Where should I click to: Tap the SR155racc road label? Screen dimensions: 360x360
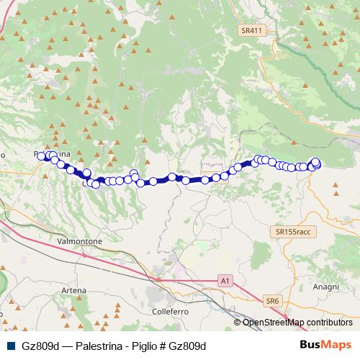(292, 233)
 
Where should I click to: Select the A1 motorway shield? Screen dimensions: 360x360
(226, 280)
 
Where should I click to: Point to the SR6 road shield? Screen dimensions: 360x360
(271, 300)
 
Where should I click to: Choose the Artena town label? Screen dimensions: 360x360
(73, 289)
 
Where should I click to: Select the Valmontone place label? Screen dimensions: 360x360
(79, 241)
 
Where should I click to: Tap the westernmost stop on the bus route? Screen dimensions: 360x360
(42, 156)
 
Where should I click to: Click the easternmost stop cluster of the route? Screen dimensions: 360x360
(315, 164)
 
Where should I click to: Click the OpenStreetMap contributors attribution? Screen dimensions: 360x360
(297, 323)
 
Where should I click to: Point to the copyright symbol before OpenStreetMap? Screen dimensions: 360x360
(238, 323)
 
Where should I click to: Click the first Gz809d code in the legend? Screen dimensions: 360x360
(38, 346)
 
